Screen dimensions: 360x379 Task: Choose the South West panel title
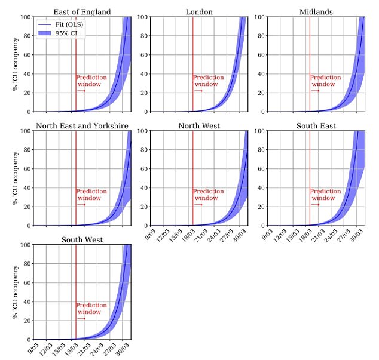[x=82, y=240]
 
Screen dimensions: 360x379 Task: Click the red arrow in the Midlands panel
[x=314, y=91]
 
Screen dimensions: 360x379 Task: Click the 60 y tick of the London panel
[x=143, y=55]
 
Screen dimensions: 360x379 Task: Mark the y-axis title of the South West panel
[x=15, y=292]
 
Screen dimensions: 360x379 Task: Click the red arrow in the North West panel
[x=198, y=205]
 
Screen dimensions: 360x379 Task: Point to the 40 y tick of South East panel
[x=261, y=188]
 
